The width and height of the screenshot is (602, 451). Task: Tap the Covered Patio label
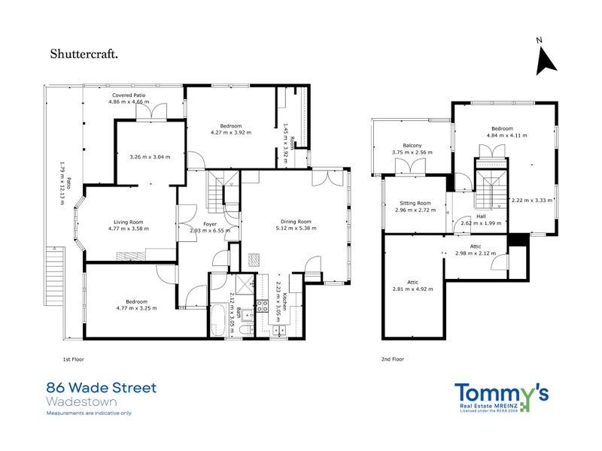point(128,95)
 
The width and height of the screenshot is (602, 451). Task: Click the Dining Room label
point(296,222)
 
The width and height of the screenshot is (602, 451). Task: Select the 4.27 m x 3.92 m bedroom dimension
point(230,132)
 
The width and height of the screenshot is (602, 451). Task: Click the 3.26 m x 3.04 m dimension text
point(150,157)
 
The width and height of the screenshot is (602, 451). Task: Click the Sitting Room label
point(413,203)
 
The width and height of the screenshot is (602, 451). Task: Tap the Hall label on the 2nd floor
point(481,216)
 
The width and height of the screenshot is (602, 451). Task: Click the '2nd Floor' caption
point(392,359)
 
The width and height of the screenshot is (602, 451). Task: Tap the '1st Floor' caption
point(72,359)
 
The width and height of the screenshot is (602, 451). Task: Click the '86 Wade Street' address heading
point(102,388)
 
